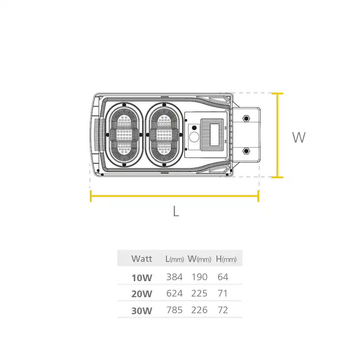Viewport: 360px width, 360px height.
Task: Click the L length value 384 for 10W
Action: (174, 277)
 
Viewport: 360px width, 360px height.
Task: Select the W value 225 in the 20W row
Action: (199, 294)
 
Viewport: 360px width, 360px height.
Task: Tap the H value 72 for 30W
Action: (223, 310)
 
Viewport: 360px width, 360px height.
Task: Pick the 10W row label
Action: (142, 278)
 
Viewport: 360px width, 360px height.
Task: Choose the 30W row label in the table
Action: (142, 311)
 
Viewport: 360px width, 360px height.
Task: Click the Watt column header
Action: (142, 259)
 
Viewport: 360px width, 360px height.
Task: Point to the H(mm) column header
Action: (226, 259)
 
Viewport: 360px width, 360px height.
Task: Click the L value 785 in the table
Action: (174, 310)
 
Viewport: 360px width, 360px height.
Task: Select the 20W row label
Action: (142, 294)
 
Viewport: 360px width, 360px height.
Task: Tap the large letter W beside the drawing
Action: (299, 137)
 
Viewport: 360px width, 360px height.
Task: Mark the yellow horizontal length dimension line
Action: (174, 196)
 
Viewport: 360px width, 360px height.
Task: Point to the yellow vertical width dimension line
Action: (277, 135)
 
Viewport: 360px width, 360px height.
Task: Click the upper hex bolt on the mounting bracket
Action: (246, 118)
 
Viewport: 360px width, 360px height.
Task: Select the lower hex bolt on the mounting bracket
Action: (246, 151)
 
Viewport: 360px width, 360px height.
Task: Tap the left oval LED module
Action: (124, 135)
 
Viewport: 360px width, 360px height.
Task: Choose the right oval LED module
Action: (164, 135)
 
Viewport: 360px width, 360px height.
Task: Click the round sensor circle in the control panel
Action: (194, 137)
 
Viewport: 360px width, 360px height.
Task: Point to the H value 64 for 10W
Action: (223, 277)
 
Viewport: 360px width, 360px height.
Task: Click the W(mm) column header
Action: (199, 259)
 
